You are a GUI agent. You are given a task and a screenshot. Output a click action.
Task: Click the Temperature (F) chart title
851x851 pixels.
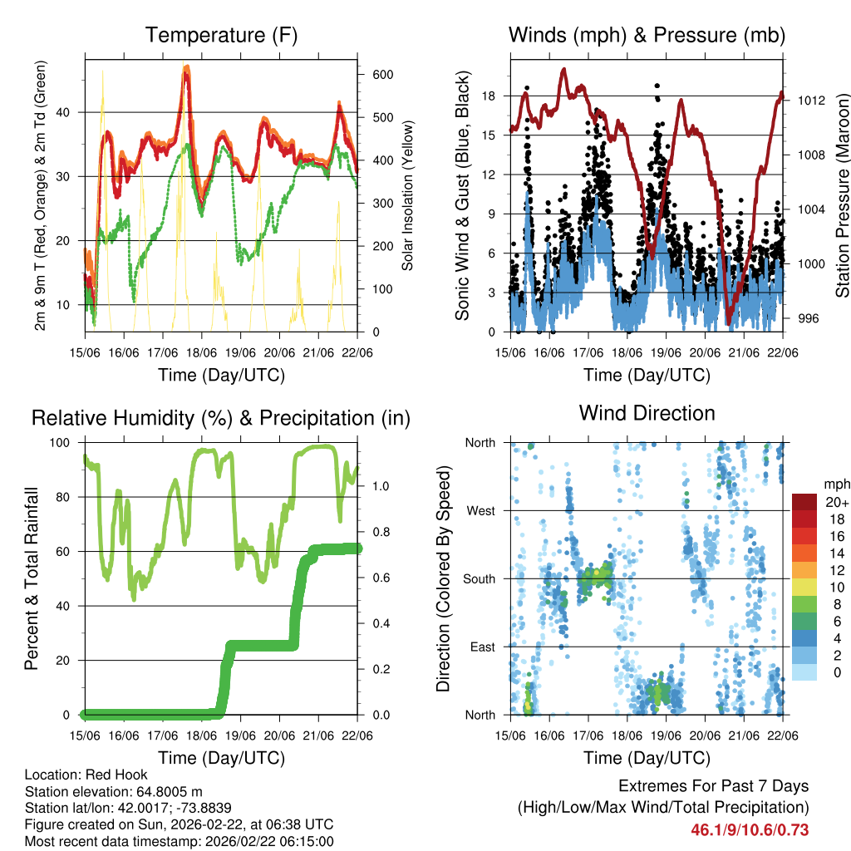coord(221,35)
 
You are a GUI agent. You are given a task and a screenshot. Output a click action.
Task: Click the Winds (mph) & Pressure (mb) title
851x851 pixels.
coord(647,35)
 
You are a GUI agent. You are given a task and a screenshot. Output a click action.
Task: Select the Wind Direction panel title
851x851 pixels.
coord(647,412)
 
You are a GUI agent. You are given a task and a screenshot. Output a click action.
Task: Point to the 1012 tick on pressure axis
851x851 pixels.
coord(809,101)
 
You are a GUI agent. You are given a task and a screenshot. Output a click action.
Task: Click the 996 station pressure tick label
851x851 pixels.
coord(806,318)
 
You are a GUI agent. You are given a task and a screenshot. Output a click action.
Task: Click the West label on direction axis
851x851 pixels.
coord(480,510)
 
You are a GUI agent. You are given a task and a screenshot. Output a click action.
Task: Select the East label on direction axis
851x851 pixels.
coord(482,647)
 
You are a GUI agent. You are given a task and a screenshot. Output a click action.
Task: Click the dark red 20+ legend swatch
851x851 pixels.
coord(806,502)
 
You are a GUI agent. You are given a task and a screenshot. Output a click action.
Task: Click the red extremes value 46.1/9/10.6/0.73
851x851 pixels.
coord(750,829)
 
